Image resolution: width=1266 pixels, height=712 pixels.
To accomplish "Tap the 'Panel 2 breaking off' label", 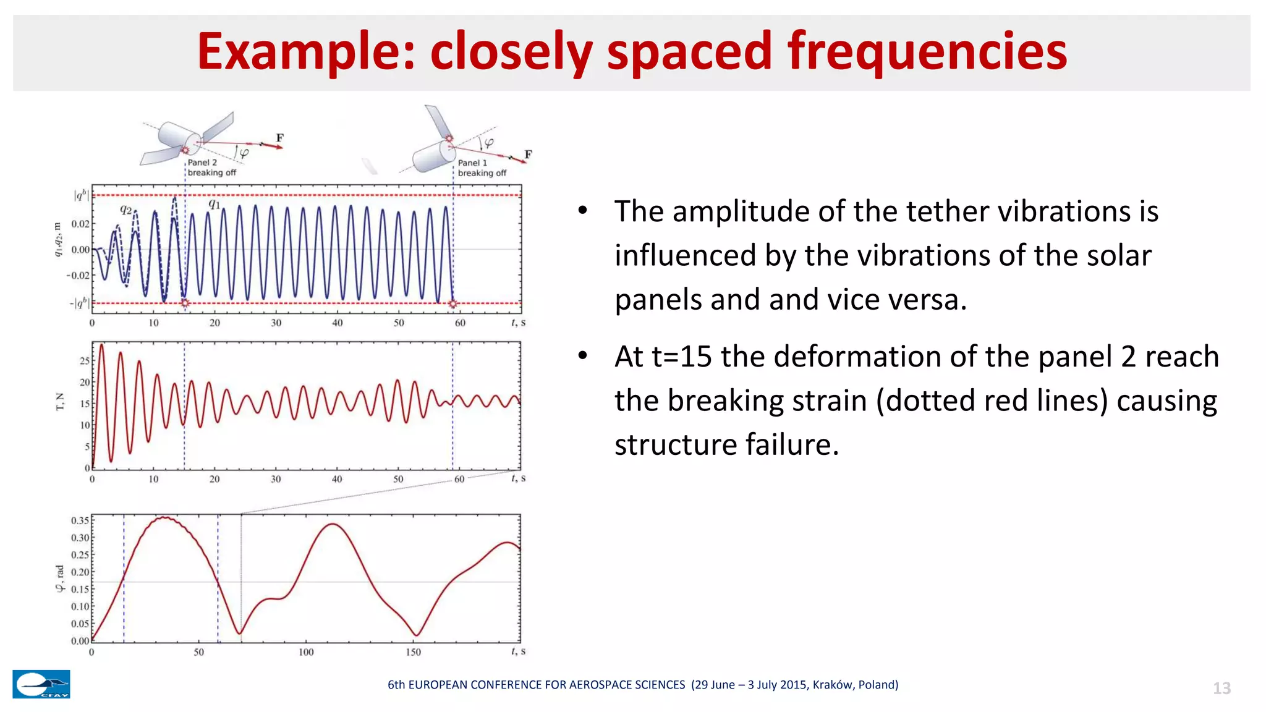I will click(x=211, y=167).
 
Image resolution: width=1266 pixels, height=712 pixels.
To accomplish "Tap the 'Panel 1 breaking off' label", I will click(x=482, y=168).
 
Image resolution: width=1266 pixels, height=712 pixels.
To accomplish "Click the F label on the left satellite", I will click(x=279, y=138).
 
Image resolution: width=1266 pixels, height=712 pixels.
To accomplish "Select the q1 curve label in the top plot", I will click(x=214, y=203).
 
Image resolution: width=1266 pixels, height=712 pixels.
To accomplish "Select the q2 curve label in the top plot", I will click(x=126, y=210).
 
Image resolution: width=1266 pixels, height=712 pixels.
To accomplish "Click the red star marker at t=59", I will click(x=453, y=303).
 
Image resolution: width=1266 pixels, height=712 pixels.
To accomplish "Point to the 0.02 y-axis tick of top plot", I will click(x=80, y=224).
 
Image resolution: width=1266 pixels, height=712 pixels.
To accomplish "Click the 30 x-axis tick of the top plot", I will click(x=276, y=323).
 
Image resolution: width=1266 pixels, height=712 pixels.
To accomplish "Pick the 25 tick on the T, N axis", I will click(x=85, y=361).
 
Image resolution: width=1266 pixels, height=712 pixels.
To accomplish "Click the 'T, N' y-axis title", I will click(x=60, y=402).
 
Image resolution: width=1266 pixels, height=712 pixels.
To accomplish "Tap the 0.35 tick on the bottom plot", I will click(x=80, y=520).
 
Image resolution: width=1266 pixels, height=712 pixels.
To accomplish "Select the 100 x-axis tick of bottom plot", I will click(x=306, y=652).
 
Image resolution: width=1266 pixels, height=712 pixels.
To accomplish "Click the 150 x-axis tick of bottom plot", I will click(x=413, y=652).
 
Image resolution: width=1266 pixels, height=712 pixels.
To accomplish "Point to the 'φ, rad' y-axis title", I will click(x=60, y=578).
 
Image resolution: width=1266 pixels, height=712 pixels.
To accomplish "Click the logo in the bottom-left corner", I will click(x=41, y=684).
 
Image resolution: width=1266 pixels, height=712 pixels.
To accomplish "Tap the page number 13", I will click(x=1221, y=689).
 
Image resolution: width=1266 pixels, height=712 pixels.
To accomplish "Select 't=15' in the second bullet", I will click(x=681, y=357).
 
